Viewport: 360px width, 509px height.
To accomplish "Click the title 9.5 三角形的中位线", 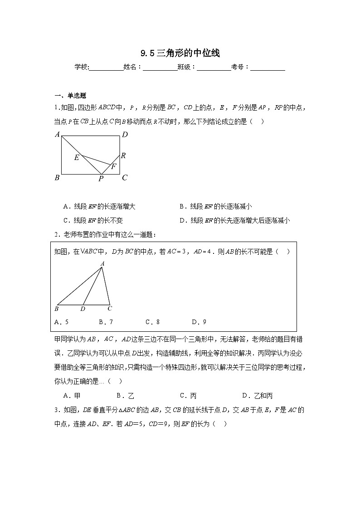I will [180, 53].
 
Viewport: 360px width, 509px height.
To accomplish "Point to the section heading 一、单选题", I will [70, 95].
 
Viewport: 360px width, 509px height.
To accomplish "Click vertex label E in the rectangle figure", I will [77, 157].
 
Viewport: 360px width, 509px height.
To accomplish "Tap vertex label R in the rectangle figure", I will [123, 155].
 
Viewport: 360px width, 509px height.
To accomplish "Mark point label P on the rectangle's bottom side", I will [101, 179].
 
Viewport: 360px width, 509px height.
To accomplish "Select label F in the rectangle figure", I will [114, 166].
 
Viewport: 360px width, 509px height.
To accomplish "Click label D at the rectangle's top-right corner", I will [125, 134].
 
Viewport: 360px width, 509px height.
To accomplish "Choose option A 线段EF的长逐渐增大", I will [99, 207].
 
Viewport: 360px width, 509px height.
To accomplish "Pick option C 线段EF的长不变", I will [93, 221].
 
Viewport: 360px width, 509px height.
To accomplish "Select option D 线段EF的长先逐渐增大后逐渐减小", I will [234, 221].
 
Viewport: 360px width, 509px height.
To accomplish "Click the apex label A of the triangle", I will [102, 263].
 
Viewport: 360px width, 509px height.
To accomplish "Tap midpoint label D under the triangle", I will [83, 309].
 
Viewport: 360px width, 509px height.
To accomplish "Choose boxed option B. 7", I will [105, 322].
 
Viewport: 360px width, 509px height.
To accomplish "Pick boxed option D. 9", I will [199, 322].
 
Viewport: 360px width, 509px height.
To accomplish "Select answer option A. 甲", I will [72, 396].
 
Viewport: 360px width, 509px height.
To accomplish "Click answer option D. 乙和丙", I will [257, 396].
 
